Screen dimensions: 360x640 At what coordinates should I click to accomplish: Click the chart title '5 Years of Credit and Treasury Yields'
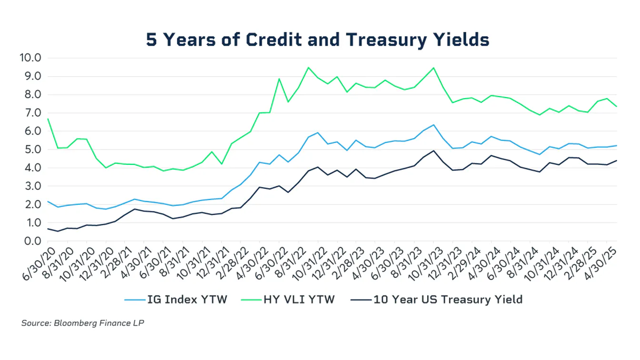pos(318,40)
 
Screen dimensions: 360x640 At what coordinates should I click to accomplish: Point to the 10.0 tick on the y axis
pos(30,58)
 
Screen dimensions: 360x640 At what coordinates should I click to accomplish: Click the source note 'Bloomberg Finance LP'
pos(82,323)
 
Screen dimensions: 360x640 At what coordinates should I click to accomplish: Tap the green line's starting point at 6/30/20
pos(48,119)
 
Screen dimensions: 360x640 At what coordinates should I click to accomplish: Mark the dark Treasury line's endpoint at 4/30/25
pos(617,160)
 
